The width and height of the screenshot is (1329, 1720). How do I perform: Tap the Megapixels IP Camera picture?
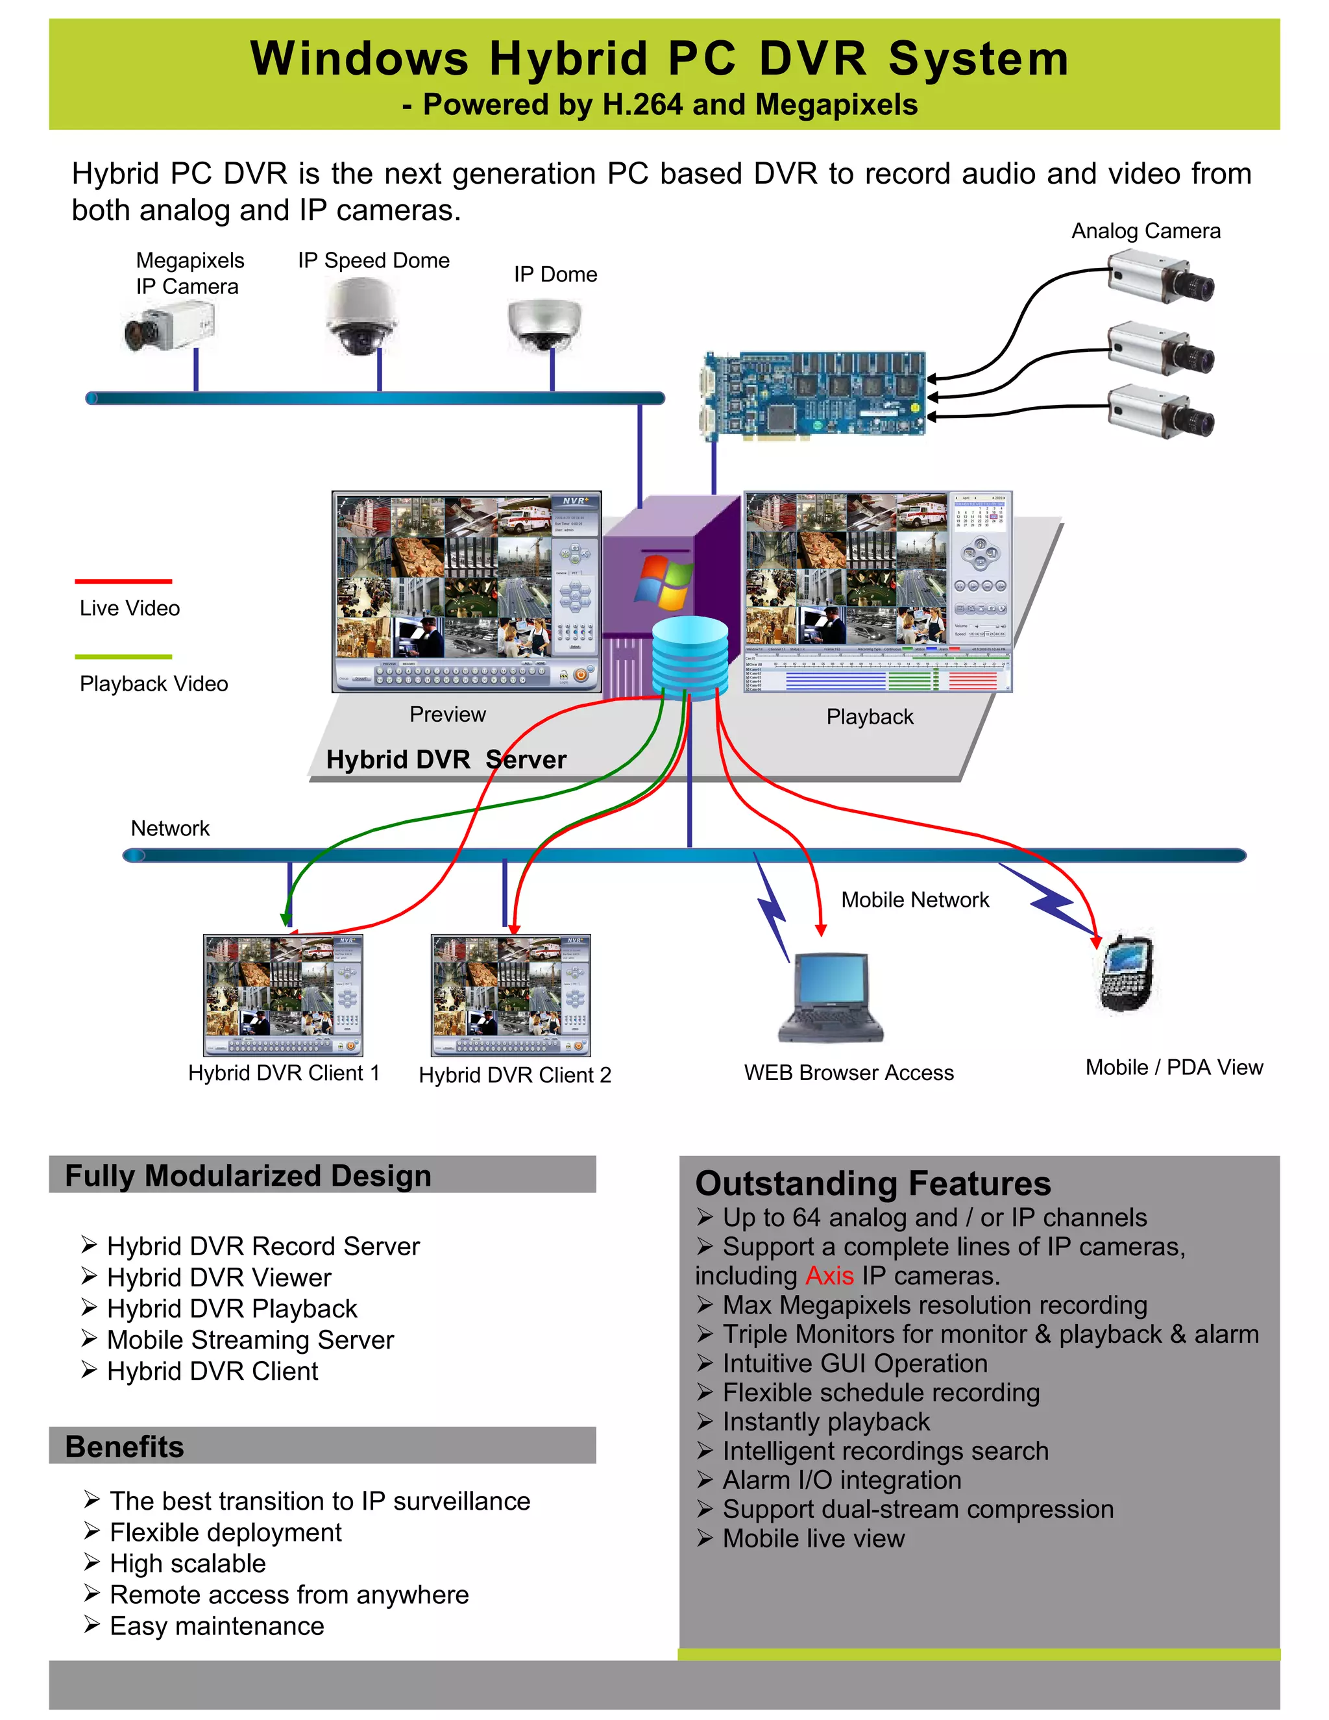pyautogui.click(x=169, y=328)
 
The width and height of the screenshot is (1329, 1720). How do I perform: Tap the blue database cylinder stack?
pyautogui.click(x=690, y=654)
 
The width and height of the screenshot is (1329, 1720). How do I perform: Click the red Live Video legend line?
pyautogui.click(x=123, y=581)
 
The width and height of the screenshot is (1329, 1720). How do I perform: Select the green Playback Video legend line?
pyautogui.click(x=123, y=656)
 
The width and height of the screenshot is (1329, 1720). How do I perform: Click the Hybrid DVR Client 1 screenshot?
pyautogui.click(x=283, y=994)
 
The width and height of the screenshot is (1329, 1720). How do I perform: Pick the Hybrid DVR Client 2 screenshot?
pyautogui.click(x=510, y=994)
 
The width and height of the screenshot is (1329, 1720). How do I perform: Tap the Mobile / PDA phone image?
pyautogui.click(x=1127, y=974)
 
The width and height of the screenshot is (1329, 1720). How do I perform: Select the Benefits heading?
pyautogui.click(x=125, y=1447)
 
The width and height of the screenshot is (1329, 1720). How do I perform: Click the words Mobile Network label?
pyautogui.click(x=915, y=900)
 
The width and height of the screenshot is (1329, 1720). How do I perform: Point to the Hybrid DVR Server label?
pyautogui.click(x=446, y=759)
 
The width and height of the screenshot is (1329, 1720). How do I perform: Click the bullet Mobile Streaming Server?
pyautogui.click(x=250, y=1340)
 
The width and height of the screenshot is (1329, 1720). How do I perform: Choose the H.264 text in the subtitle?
pyautogui.click(x=642, y=104)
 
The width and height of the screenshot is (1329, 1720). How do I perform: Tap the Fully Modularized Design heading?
pyautogui.click(x=248, y=1176)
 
